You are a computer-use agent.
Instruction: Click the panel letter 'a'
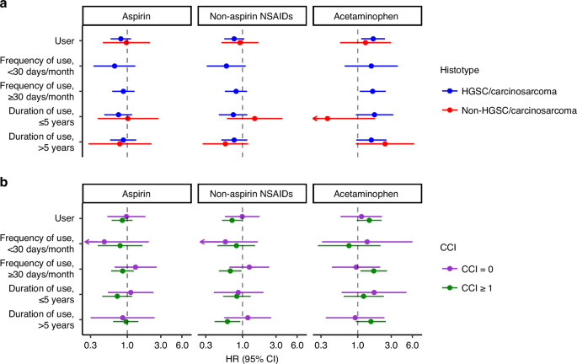click(4, 5)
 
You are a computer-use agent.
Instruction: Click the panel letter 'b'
click(4, 181)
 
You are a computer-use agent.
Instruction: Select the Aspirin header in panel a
click(126, 16)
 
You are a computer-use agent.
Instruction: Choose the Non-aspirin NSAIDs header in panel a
click(243, 16)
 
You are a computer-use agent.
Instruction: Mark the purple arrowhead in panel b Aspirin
click(86, 242)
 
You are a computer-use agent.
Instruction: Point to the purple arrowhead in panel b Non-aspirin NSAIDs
click(201, 242)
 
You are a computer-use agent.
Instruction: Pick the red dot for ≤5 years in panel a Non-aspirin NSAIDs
click(254, 119)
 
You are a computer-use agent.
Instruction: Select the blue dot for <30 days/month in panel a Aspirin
click(115, 66)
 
